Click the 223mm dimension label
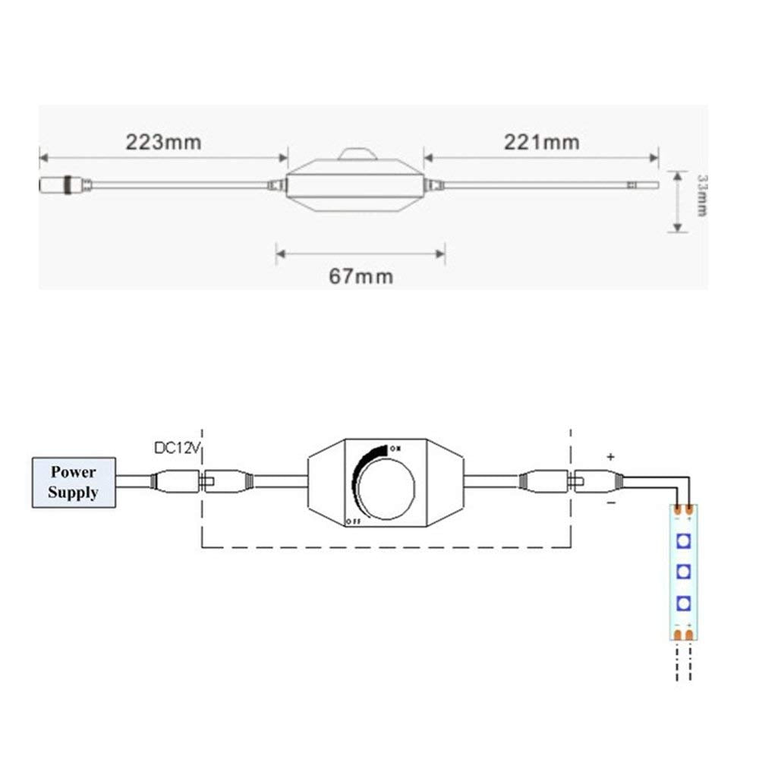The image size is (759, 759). pyautogui.click(x=162, y=142)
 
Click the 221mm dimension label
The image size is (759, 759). pyautogui.click(x=540, y=142)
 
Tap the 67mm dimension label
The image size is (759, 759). pyautogui.click(x=361, y=276)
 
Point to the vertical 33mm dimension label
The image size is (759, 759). pyautogui.click(x=701, y=195)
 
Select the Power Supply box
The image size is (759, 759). pyautogui.click(x=74, y=482)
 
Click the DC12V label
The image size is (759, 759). pyautogui.click(x=176, y=448)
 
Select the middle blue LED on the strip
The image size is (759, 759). pyautogui.click(x=683, y=571)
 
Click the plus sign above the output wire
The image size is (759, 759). pyautogui.click(x=610, y=457)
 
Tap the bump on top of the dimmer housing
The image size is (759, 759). pyautogui.click(x=355, y=154)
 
